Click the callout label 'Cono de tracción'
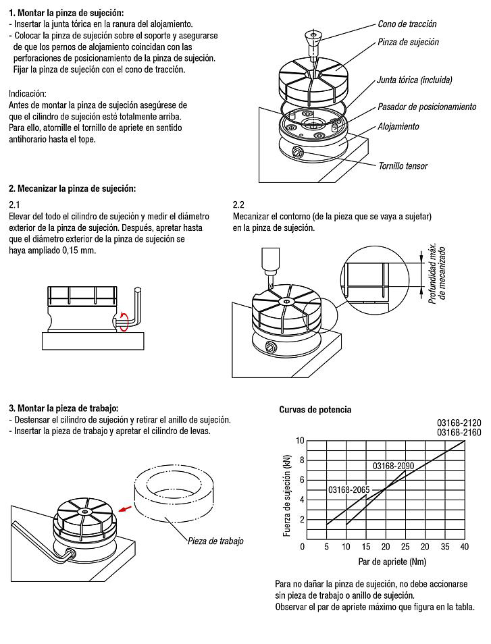407,24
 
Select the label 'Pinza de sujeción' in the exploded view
408,42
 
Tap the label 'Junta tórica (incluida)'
415,80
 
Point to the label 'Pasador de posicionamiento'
427,107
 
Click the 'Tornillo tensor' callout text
403,165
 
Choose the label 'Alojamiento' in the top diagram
398,126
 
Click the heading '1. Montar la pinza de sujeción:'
66,13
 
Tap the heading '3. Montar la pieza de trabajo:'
63,408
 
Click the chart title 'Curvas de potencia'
315,410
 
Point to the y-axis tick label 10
300,440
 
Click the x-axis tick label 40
464,546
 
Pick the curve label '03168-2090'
393,466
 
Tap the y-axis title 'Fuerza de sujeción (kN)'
287,492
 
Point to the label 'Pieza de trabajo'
215,541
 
